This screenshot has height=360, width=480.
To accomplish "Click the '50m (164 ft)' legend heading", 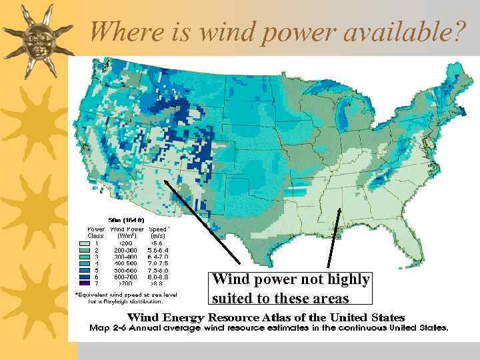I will coord(127,219).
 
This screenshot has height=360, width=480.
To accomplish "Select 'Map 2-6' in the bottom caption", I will coord(105,327).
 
